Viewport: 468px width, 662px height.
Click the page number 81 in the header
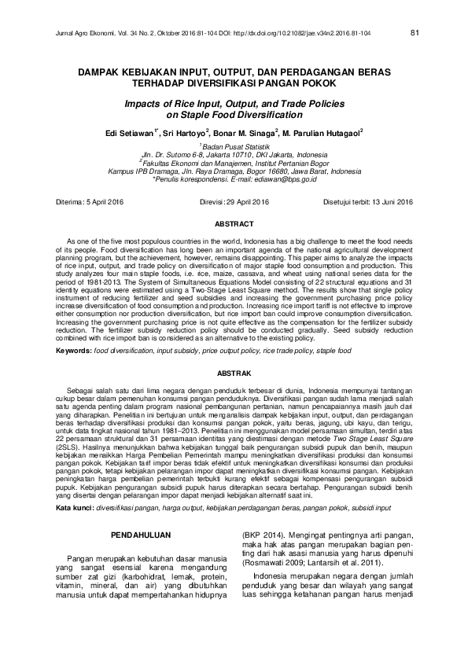[414, 33]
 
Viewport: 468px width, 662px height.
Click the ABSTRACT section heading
[234, 224]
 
